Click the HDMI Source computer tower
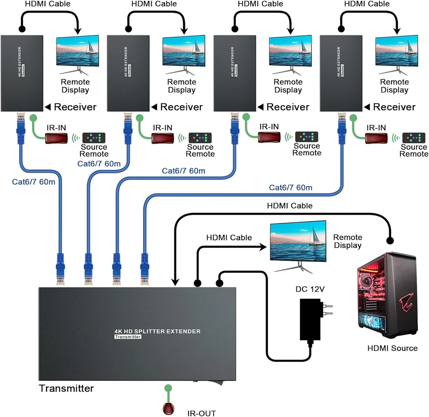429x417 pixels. coord(387,295)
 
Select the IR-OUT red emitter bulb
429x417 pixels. coord(168,408)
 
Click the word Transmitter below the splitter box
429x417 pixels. coord(66,388)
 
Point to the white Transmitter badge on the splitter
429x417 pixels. coord(127,337)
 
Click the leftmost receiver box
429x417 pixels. coord(22,73)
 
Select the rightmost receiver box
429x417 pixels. coord(341,73)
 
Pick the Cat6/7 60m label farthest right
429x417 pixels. coord(290,187)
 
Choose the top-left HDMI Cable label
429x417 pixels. coord(48,4)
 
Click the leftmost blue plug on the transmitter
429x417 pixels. coord(60,268)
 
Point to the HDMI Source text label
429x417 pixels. coord(392,348)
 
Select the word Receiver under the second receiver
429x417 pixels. coord(181,107)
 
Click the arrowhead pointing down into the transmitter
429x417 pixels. coord(175,282)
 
